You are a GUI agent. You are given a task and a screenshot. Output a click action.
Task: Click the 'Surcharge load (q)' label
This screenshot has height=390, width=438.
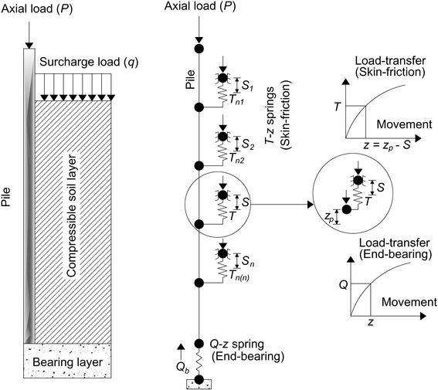tap(89, 62)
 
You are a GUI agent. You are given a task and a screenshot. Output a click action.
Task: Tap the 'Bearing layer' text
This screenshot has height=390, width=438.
tap(68, 362)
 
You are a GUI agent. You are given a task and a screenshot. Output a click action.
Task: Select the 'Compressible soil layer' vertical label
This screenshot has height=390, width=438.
tap(72, 215)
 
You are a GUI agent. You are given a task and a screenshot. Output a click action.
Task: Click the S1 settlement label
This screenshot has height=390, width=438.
tap(247, 86)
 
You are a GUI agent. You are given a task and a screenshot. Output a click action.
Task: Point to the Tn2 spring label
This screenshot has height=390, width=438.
tap(237, 158)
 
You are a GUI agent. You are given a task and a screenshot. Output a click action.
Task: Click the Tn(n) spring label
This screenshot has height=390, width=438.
tap(239, 276)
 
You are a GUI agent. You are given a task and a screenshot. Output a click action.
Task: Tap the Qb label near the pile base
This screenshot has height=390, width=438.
tap(183, 368)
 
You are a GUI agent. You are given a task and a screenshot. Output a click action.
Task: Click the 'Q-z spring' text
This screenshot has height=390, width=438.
tap(236, 344)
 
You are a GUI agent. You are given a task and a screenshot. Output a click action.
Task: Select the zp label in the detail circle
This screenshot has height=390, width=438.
tap(329, 217)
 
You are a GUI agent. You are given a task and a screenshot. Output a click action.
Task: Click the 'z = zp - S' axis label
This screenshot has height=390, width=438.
tap(386, 145)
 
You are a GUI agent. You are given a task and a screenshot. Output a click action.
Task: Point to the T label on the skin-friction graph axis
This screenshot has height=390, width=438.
tap(338, 107)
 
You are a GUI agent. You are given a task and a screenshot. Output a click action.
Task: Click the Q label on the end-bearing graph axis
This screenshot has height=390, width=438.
tap(343, 285)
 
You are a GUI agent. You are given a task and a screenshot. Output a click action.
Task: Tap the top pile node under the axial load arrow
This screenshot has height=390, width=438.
tap(199, 49)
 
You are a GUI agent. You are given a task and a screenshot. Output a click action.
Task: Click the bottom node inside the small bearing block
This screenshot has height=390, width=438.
tap(199, 380)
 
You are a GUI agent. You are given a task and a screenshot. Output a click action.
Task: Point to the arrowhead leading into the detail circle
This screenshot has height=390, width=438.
tap(311, 205)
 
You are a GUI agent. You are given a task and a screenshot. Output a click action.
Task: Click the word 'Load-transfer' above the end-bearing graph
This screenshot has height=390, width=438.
tap(394, 242)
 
